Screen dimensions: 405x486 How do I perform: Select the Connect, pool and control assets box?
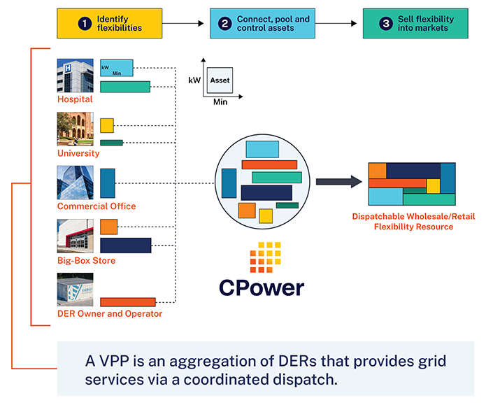click(x=262, y=23)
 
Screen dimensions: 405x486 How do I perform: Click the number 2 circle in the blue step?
click(x=225, y=23)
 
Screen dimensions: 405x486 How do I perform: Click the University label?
click(x=78, y=153)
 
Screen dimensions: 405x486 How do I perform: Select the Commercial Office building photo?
click(x=75, y=183)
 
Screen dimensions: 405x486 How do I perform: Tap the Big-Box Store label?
click(x=86, y=261)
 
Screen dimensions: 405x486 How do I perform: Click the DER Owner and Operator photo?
click(x=75, y=290)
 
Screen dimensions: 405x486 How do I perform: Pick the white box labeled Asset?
click(x=220, y=81)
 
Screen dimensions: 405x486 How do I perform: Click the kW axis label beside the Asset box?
click(x=195, y=81)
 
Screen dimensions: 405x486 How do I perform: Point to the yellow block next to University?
click(x=106, y=126)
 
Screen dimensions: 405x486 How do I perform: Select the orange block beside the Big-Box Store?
click(x=108, y=227)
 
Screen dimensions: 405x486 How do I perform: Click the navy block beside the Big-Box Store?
click(x=126, y=245)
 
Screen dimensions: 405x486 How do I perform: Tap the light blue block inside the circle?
click(x=262, y=149)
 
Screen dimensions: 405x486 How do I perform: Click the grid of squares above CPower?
click(x=265, y=257)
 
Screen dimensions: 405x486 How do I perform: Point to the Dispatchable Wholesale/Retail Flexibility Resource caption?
click(x=413, y=222)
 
